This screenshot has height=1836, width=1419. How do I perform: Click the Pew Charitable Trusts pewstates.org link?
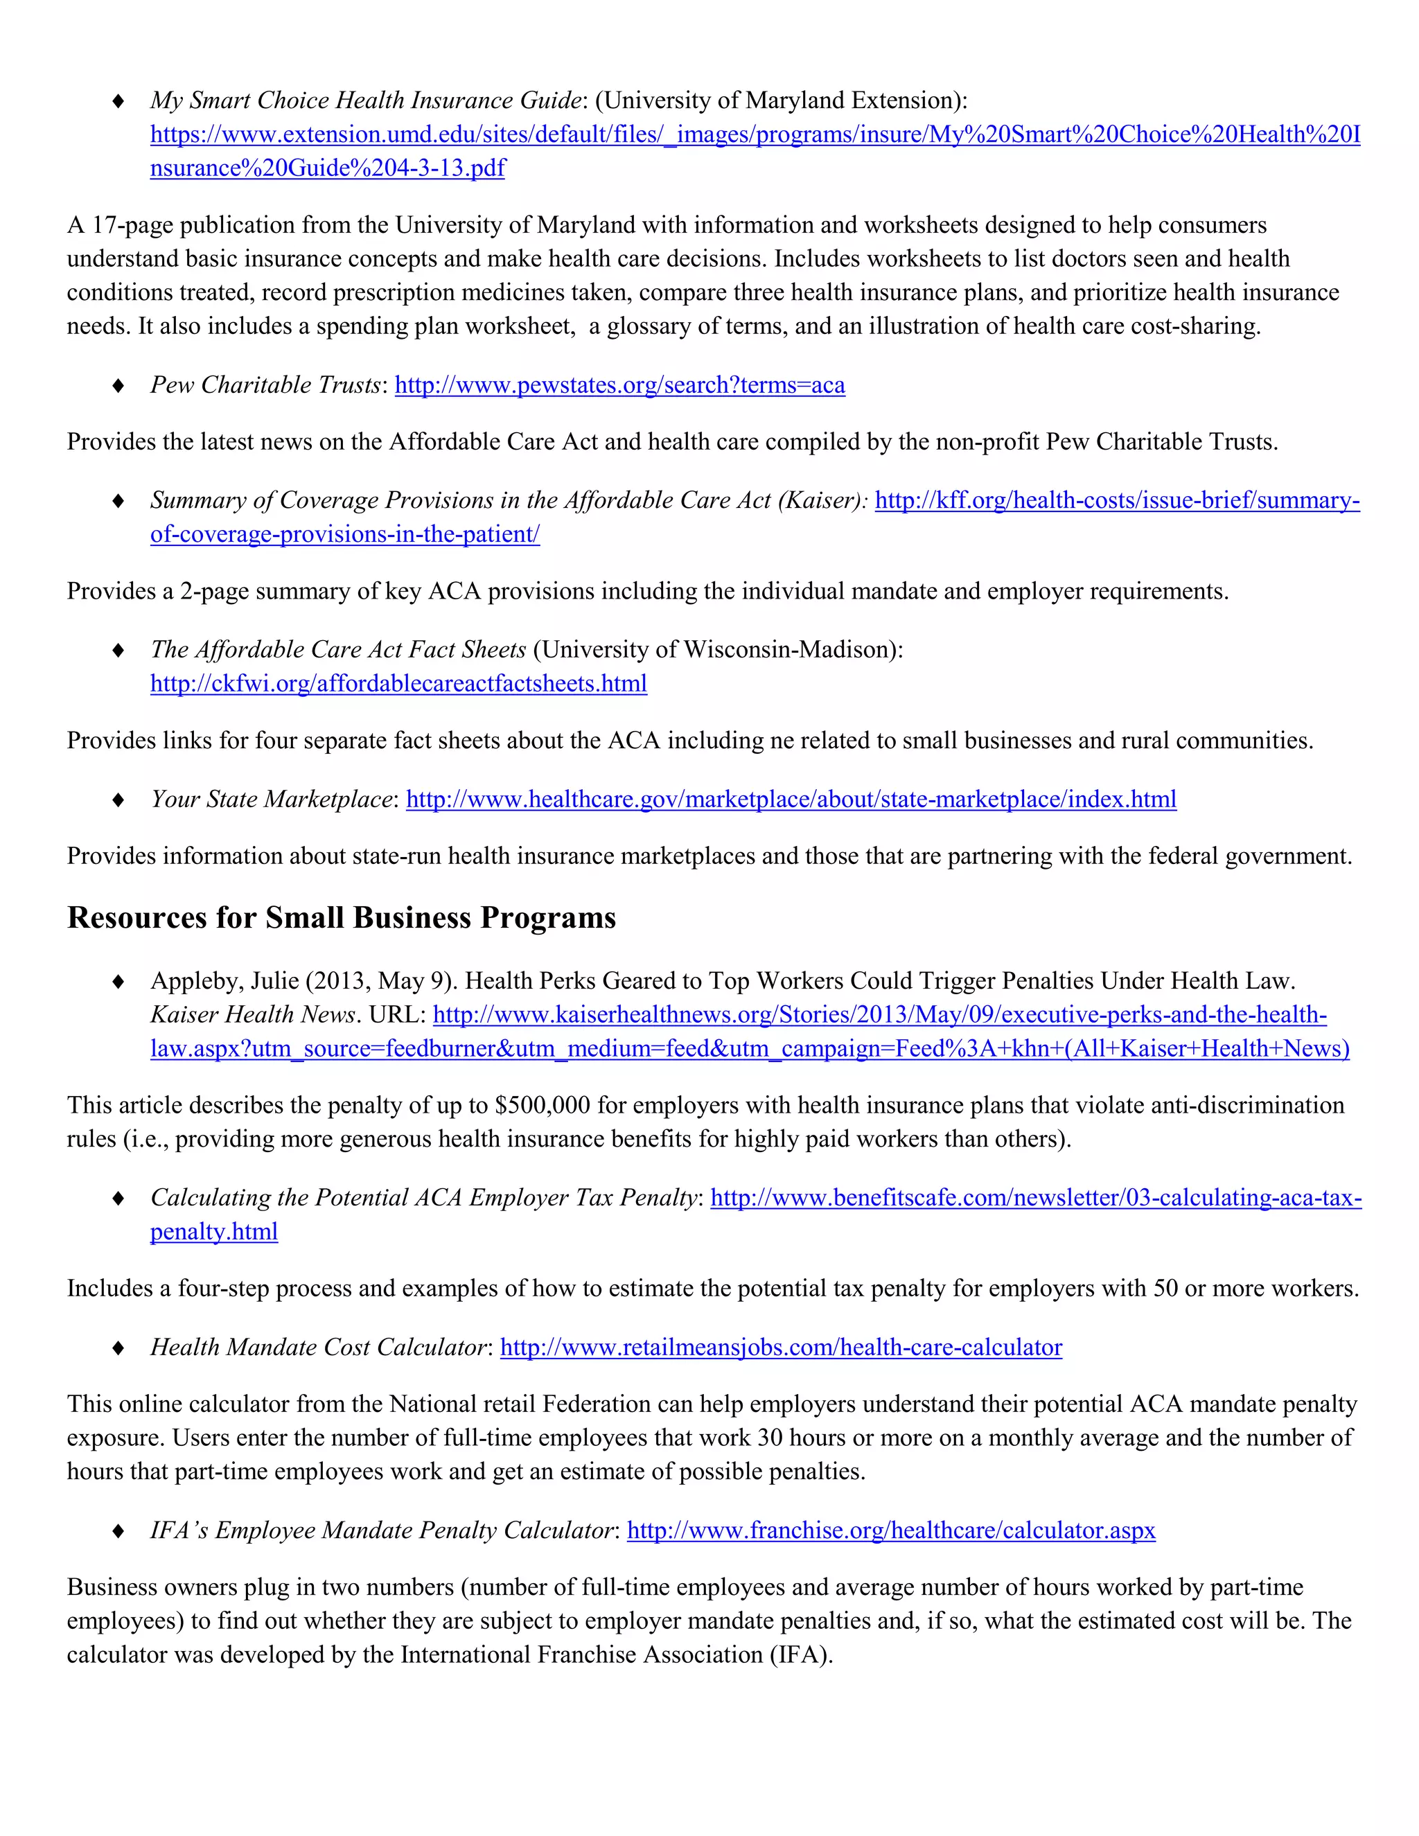[619, 385]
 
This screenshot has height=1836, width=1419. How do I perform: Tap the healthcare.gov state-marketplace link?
[791, 799]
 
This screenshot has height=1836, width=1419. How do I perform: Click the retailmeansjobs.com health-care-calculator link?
[781, 1348]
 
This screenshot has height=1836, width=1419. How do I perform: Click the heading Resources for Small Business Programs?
[342, 917]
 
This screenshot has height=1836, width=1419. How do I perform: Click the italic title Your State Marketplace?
[272, 799]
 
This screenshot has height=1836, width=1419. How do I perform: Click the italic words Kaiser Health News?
[253, 1015]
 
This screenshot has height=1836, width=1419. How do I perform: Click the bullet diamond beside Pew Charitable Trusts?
[118, 386]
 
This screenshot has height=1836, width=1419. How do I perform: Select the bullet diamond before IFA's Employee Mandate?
[118, 1531]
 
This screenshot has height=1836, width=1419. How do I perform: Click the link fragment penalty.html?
[213, 1232]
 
